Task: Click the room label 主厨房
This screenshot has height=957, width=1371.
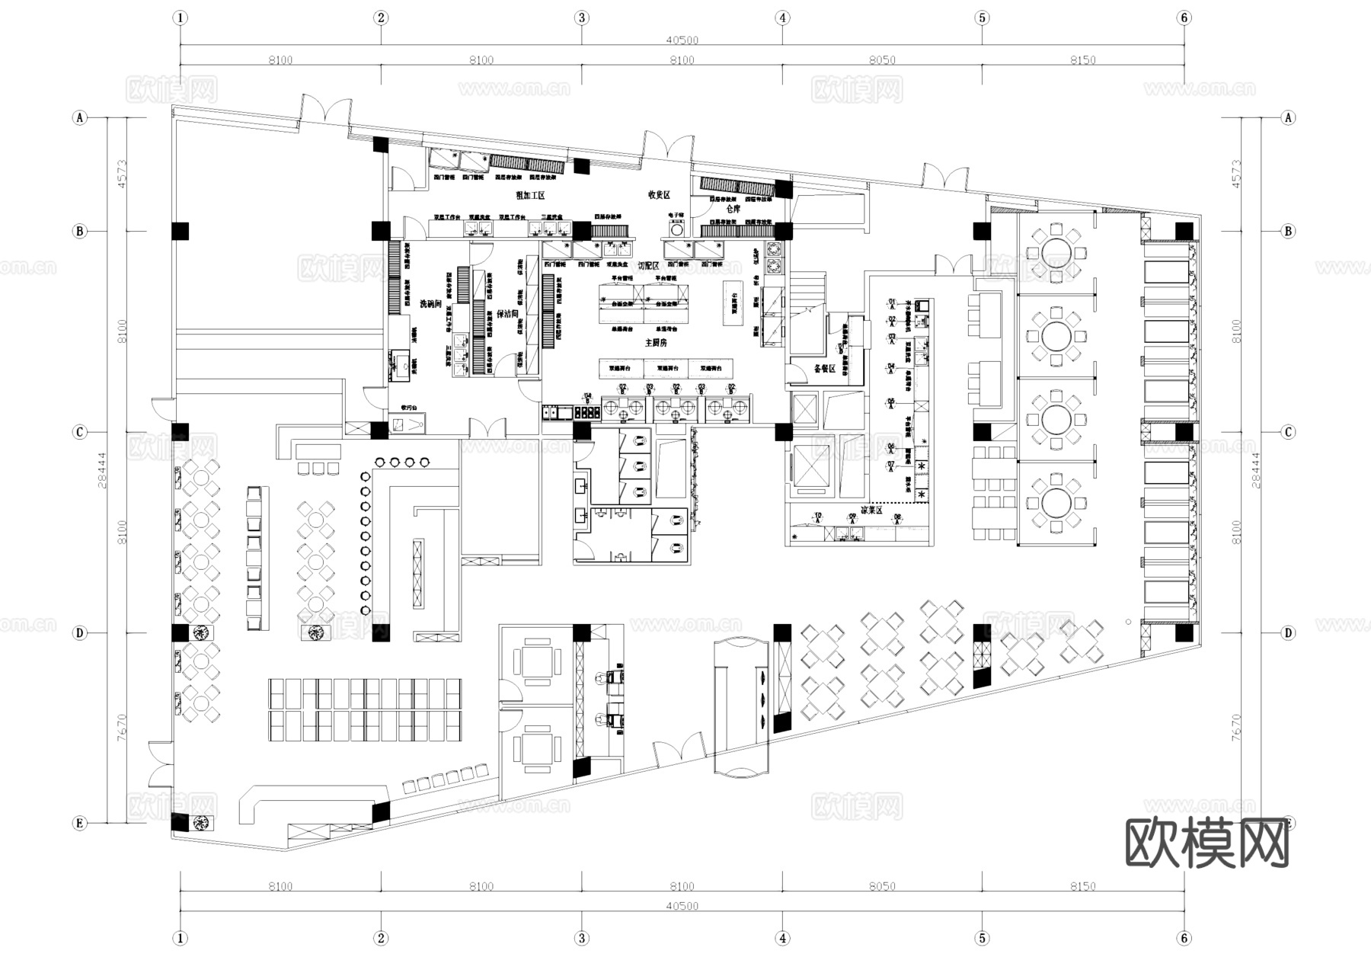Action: pos(655,344)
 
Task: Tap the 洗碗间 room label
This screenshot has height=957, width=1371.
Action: pos(431,303)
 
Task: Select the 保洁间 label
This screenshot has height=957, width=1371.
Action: pos(507,313)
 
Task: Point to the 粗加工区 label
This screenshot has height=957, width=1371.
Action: pos(530,196)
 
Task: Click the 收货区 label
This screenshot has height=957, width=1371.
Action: pos(659,195)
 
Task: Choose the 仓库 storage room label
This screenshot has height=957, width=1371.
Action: pos(733,209)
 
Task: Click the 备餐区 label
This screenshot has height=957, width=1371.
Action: pos(825,368)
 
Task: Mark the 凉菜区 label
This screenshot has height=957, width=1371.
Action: pos(871,510)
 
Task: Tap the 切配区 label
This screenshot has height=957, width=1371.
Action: pos(648,265)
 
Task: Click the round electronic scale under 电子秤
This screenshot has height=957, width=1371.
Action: pos(676,229)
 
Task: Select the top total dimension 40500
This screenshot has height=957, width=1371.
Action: pos(682,40)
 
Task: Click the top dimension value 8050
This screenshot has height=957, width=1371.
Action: pos(882,60)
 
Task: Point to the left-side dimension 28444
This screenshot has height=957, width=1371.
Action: pos(104,470)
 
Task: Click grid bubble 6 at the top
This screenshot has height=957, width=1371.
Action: pos(1184,18)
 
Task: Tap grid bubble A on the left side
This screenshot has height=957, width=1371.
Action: pos(80,117)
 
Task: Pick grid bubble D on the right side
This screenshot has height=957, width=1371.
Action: pos(1288,633)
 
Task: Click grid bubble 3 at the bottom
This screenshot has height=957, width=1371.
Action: pos(582,938)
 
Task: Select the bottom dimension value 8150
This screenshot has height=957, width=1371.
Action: pos(1082,886)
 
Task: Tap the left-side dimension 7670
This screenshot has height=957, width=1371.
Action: pos(123,728)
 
